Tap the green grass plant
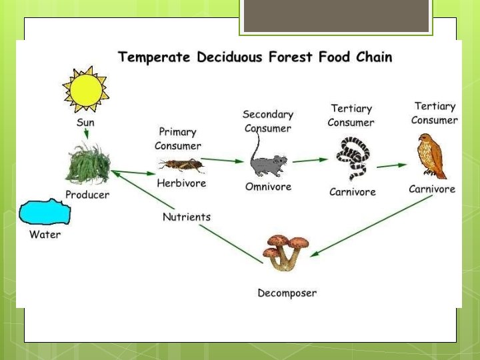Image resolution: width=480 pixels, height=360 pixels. click(x=87, y=165)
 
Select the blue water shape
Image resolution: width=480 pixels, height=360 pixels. click(x=45, y=213)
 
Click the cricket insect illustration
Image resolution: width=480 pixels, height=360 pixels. click(x=180, y=164)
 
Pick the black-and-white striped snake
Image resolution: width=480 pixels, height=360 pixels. click(x=351, y=159)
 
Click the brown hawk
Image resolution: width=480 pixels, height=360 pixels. click(x=430, y=156)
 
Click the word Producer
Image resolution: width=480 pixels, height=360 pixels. click(x=87, y=195)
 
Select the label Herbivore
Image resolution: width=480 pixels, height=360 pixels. click(x=181, y=183)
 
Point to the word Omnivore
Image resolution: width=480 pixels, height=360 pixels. click(x=268, y=187)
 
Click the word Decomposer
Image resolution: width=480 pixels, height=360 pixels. click(x=287, y=293)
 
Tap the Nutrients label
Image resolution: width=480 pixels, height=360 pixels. click(x=187, y=217)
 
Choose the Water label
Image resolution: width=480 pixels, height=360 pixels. click(x=45, y=235)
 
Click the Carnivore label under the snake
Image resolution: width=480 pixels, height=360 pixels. click(x=353, y=192)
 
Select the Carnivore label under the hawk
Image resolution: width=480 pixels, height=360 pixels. click(x=432, y=189)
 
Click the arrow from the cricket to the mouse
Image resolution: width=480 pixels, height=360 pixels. click(x=222, y=160)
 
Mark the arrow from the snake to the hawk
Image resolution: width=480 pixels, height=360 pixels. click(x=391, y=165)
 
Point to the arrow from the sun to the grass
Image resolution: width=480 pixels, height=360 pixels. click(x=86, y=134)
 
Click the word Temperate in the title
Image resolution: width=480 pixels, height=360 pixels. click(x=155, y=57)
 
